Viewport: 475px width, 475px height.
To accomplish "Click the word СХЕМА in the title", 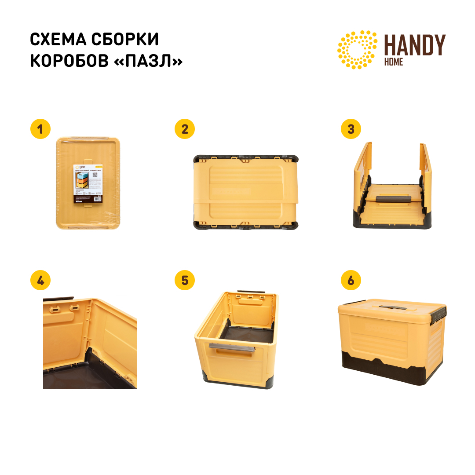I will (x=58, y=40).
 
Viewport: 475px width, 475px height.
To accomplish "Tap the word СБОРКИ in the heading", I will (x=125, y=40).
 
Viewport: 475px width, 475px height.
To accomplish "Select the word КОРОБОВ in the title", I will (x=69, y=62).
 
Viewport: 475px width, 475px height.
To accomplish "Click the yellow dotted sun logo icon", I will (x=357, y=50).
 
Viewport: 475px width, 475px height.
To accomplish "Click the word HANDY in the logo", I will (x=414, y=45).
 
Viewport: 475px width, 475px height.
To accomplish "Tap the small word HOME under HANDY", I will (x=393, y=62).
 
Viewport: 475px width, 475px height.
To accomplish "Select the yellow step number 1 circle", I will (x=40, y=129).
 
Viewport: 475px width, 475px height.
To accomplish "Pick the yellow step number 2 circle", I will (x=185, y=129).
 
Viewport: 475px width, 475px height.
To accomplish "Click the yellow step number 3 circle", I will (x=351, y=129).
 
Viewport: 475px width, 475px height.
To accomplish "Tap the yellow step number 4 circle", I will (x=40, y=281).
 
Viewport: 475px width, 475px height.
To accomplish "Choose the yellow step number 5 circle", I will (x=185, y=281).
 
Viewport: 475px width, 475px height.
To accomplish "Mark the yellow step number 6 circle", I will (x=351, y=281).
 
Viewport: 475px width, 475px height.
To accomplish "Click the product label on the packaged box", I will (x=88, y=184).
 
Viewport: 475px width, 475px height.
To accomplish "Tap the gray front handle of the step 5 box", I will (x=232, y=347).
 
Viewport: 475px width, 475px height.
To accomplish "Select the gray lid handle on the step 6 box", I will (x=392, y=309).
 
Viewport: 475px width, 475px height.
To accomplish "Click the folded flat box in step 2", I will (x=246, y=193).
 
